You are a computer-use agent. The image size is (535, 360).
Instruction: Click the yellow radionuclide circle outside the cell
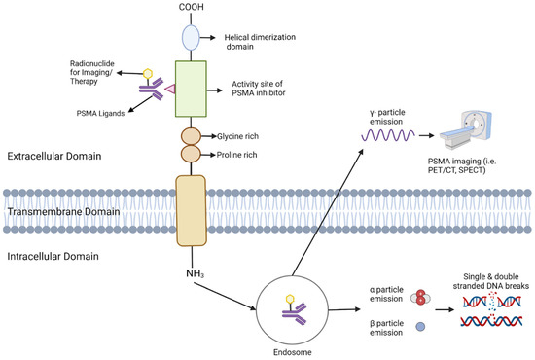(x=148, y=74)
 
